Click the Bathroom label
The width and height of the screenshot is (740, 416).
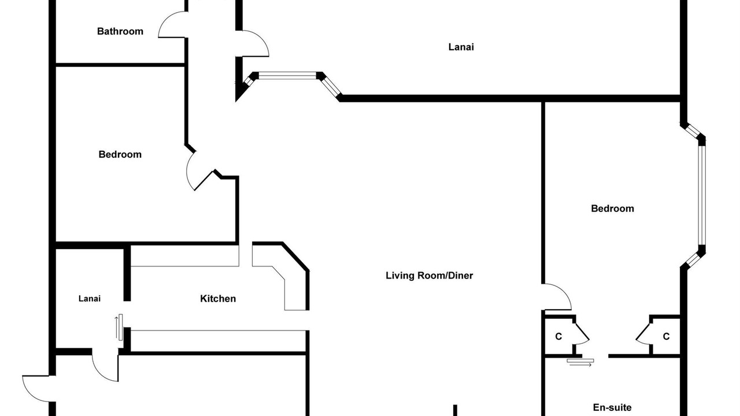click(x=120, y=31)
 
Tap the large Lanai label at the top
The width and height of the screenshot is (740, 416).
click(x=461, y=47)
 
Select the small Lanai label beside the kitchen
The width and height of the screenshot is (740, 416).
click(x=90, y=299)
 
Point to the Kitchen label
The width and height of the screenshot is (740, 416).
click(x=218, y=299)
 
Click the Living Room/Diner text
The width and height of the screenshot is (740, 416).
click(x=430, y=276)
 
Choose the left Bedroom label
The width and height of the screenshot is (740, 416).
click(x=120, y=154)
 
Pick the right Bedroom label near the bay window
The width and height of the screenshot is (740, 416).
click(x=612, y=209)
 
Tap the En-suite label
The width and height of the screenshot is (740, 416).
click(x=612, y=407)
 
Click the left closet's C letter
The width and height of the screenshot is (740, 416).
click(x=558, y=336)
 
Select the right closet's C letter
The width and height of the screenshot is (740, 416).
click(x=667, y=336)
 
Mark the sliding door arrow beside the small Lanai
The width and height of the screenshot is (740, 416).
click(x=116, y=327)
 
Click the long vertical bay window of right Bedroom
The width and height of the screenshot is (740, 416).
click(x=702, y=195)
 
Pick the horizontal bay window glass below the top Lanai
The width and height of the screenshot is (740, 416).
click(x=287, y=76)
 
